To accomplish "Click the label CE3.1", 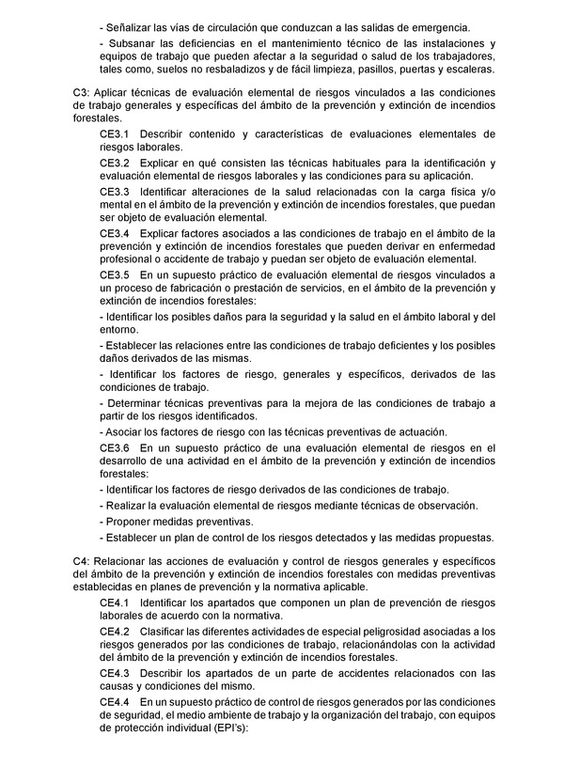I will point(115,135).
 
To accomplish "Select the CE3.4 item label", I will point(115,233).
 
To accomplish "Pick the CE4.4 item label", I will point(115,701).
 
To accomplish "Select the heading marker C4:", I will point(82,560).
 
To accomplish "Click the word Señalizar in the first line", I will point(133,29).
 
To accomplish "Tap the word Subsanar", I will point(133,44).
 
